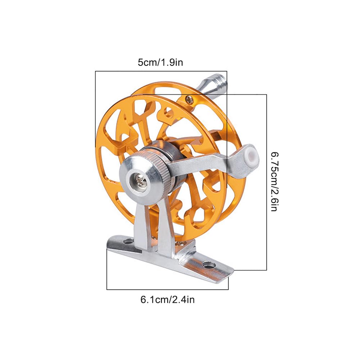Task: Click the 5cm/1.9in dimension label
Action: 160,62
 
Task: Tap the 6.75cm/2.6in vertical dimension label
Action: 275,181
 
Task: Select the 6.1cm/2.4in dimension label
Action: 168,300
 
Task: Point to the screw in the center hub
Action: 140,179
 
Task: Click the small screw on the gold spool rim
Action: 189,99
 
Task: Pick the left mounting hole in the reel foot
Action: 128,242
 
